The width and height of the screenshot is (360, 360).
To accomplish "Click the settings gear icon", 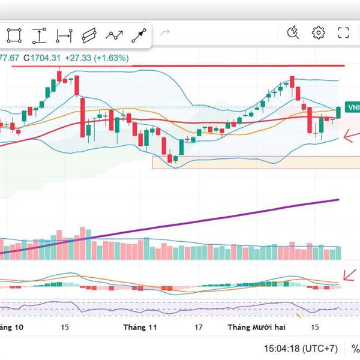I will tap(318, 33).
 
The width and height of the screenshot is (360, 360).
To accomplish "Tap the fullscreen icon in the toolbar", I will tap(343, 33).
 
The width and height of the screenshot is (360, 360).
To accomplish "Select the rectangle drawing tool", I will tap(14, 35).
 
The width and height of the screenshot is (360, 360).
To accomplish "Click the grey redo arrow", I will tap(165, 34).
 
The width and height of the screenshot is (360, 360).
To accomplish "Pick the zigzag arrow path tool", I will tap(114, 35).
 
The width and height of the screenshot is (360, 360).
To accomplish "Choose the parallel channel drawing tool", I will tap(89, 35).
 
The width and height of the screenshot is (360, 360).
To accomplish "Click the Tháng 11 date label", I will tap(139, 327).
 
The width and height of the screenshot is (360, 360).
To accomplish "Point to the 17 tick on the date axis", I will tap(198, 327).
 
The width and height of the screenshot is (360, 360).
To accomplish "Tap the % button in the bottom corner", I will tap(355, 348).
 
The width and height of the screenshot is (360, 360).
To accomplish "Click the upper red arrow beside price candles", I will tap(350, 137).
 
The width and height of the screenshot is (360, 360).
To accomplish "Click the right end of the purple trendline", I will tap(338, 200).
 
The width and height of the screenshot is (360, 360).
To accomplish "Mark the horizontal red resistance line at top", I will tap(180, 65).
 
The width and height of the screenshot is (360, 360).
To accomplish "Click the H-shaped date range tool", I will tap(64, 35).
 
